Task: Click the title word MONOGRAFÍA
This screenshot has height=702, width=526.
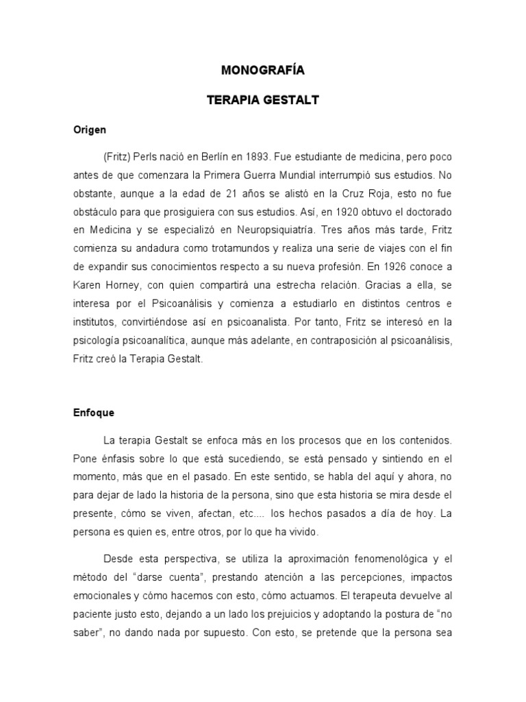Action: point(263,70)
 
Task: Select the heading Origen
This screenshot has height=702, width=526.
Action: point(89,130)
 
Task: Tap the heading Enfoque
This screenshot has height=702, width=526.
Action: point(94,413)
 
